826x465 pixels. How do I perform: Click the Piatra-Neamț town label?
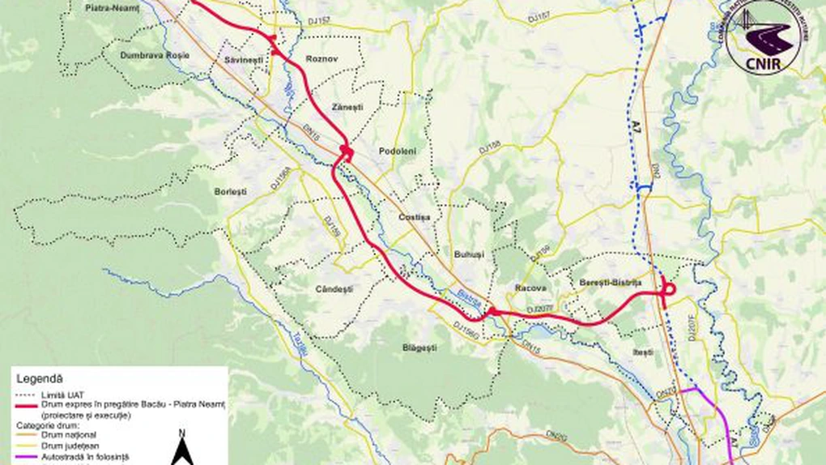point(113,6)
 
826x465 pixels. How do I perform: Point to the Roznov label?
point(321,59)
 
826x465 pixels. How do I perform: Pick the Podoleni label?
point(397,151)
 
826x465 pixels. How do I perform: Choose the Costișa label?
point(415,217)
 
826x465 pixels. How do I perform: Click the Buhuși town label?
point(469,254)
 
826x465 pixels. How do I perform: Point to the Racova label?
point(530,288)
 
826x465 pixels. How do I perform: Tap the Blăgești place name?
point(419,348)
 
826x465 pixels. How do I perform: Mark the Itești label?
point(642,352)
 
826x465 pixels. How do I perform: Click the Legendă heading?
point(40,378)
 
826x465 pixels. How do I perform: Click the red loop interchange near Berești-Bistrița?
point(669,290)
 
